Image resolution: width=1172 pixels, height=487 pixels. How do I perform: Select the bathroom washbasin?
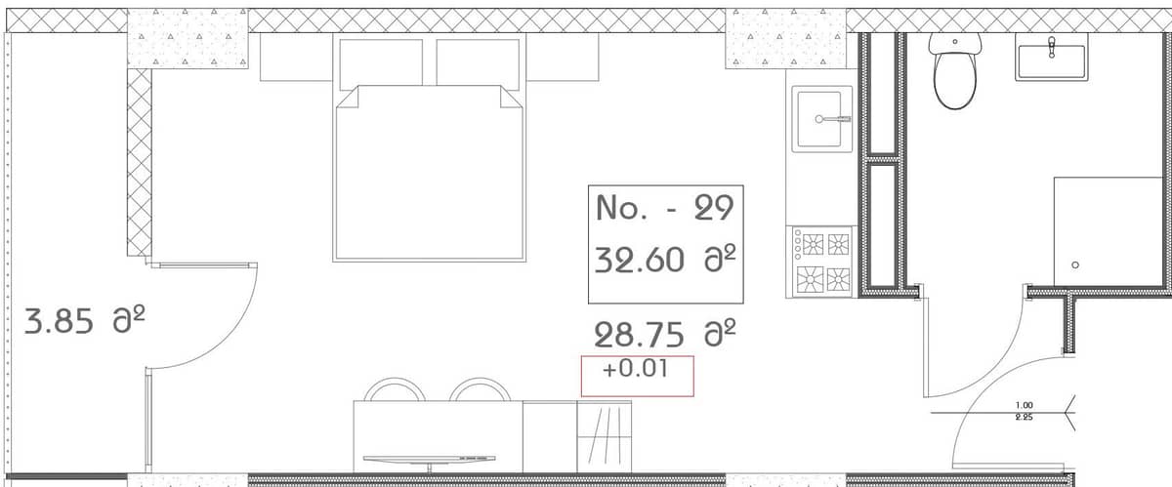point(1052,59)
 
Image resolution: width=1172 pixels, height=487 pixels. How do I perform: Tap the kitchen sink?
point(821,118)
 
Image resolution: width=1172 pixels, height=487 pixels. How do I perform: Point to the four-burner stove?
point(821,262)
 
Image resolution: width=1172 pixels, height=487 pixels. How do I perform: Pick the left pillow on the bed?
point(380,62)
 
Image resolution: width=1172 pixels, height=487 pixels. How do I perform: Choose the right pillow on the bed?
point(477,62)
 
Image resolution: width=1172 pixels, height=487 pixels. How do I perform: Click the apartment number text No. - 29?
point(655,208)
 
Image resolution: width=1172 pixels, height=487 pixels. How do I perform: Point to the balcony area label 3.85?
point(61,321)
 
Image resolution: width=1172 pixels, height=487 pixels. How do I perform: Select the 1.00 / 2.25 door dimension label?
point(1025,411)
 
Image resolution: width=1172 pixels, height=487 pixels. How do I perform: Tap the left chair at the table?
point(395,390)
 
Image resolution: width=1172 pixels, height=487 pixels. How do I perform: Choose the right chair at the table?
point(480,390)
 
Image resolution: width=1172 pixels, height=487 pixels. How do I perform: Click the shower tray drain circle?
point(1074,264)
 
